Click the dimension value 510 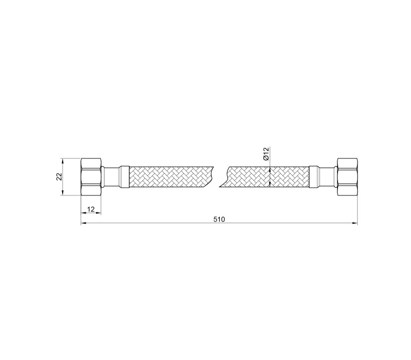(x=219, y=220)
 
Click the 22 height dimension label (x=59, y=176)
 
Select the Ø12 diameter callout (x=266, y=154)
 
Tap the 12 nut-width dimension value (x=91, y=209)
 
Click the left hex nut (x=91, y=176)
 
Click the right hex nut (x=347, y=176)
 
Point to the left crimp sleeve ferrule (x=124, y=177)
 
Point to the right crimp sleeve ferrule (x=314, y=177)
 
